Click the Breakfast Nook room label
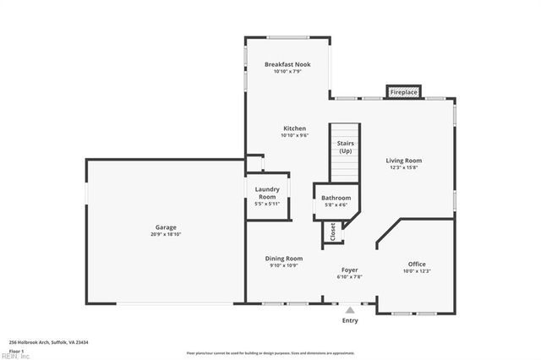click(x=287, y=64)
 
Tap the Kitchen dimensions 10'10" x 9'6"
click(x=294, y=135)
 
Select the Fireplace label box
click(x=404, y=91)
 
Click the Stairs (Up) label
click(x=345, y=147)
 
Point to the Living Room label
click(x=404, y=161)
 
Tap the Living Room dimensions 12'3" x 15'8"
click(x=404, y=167)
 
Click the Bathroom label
click(x=336, y=198)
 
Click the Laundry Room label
click(x=267, y=194)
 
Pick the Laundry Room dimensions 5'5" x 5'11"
click(x=267, y=204)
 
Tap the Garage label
click(x=165, y=226)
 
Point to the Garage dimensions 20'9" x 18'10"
click(x=165, y=233)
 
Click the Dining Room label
click(x=284, y=259)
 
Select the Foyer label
click(x=350, y=270)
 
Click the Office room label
click(x=417, y=264)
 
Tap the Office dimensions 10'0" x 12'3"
click(x=417, y=271)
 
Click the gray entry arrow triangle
click(x=350, y=310)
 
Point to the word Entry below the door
click(x=350, y=321)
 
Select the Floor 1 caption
click(x=16, y=350)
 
